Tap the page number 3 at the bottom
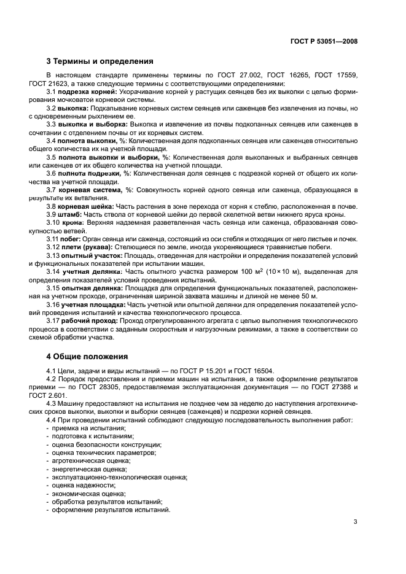[356, 522]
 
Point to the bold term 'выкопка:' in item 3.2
[73, 109]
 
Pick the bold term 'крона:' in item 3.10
[74, 223]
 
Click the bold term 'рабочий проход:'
[88, 320]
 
